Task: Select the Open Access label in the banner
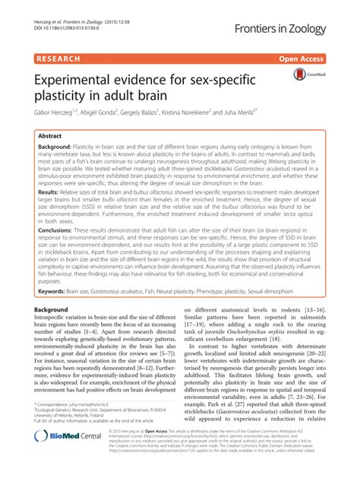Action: point(317,57)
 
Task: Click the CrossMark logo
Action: point(306,77)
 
